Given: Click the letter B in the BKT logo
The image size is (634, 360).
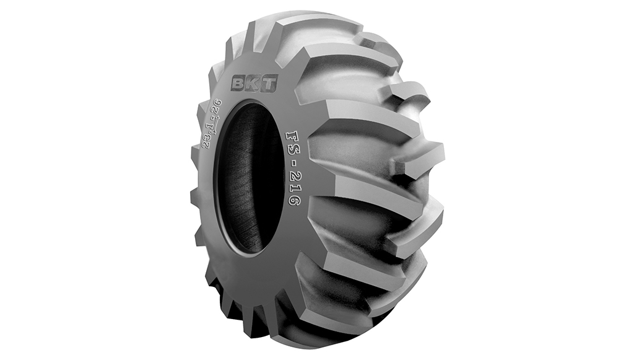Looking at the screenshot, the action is [x=238, y=84].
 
